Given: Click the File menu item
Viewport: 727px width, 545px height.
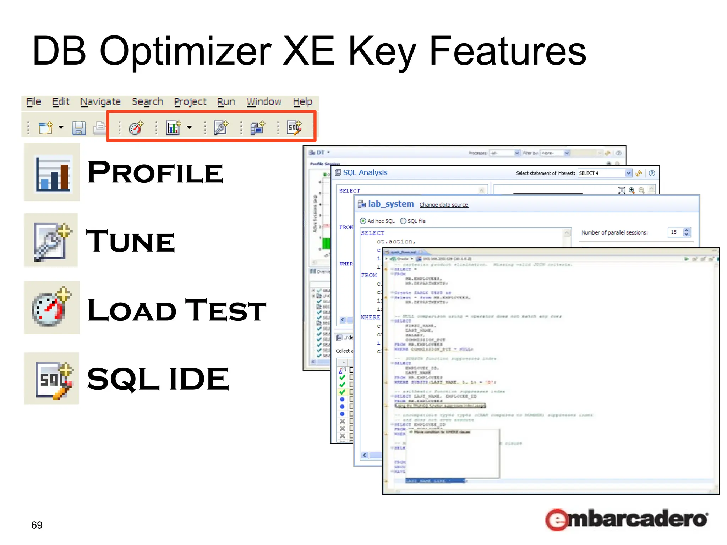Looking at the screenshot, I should (x=34, y=102).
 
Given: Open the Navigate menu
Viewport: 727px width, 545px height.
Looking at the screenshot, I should (x=100, y=102).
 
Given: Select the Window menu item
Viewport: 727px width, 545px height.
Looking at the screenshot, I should (x=264, y=102).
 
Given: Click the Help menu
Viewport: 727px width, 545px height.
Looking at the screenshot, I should (x=302, y=102).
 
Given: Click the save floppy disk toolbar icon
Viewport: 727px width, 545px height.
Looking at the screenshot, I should (x=78, y=128).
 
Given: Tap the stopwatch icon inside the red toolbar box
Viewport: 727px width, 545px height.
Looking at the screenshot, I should (x=136, y=128).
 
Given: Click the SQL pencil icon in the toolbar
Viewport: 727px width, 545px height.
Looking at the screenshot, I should (x=294, y=127).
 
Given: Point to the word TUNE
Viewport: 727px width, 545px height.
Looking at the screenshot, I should (x=131, y=241).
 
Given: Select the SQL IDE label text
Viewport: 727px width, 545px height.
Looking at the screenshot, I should (x=158, y=379).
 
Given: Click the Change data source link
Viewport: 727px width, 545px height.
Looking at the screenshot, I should (x=443, y=205).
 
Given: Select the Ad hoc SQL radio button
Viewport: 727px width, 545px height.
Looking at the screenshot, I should (x=363, y=221).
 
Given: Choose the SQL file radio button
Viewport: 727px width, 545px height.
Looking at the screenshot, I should (x=403, y=221).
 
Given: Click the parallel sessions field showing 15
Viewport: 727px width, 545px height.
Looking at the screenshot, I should (x=674, y=232).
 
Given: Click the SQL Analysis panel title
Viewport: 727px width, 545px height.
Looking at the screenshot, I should (x=365, y=172).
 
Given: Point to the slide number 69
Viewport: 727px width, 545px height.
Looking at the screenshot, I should (x=37, y=525).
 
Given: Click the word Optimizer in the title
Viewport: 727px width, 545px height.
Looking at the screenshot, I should (x=185, y=51).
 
